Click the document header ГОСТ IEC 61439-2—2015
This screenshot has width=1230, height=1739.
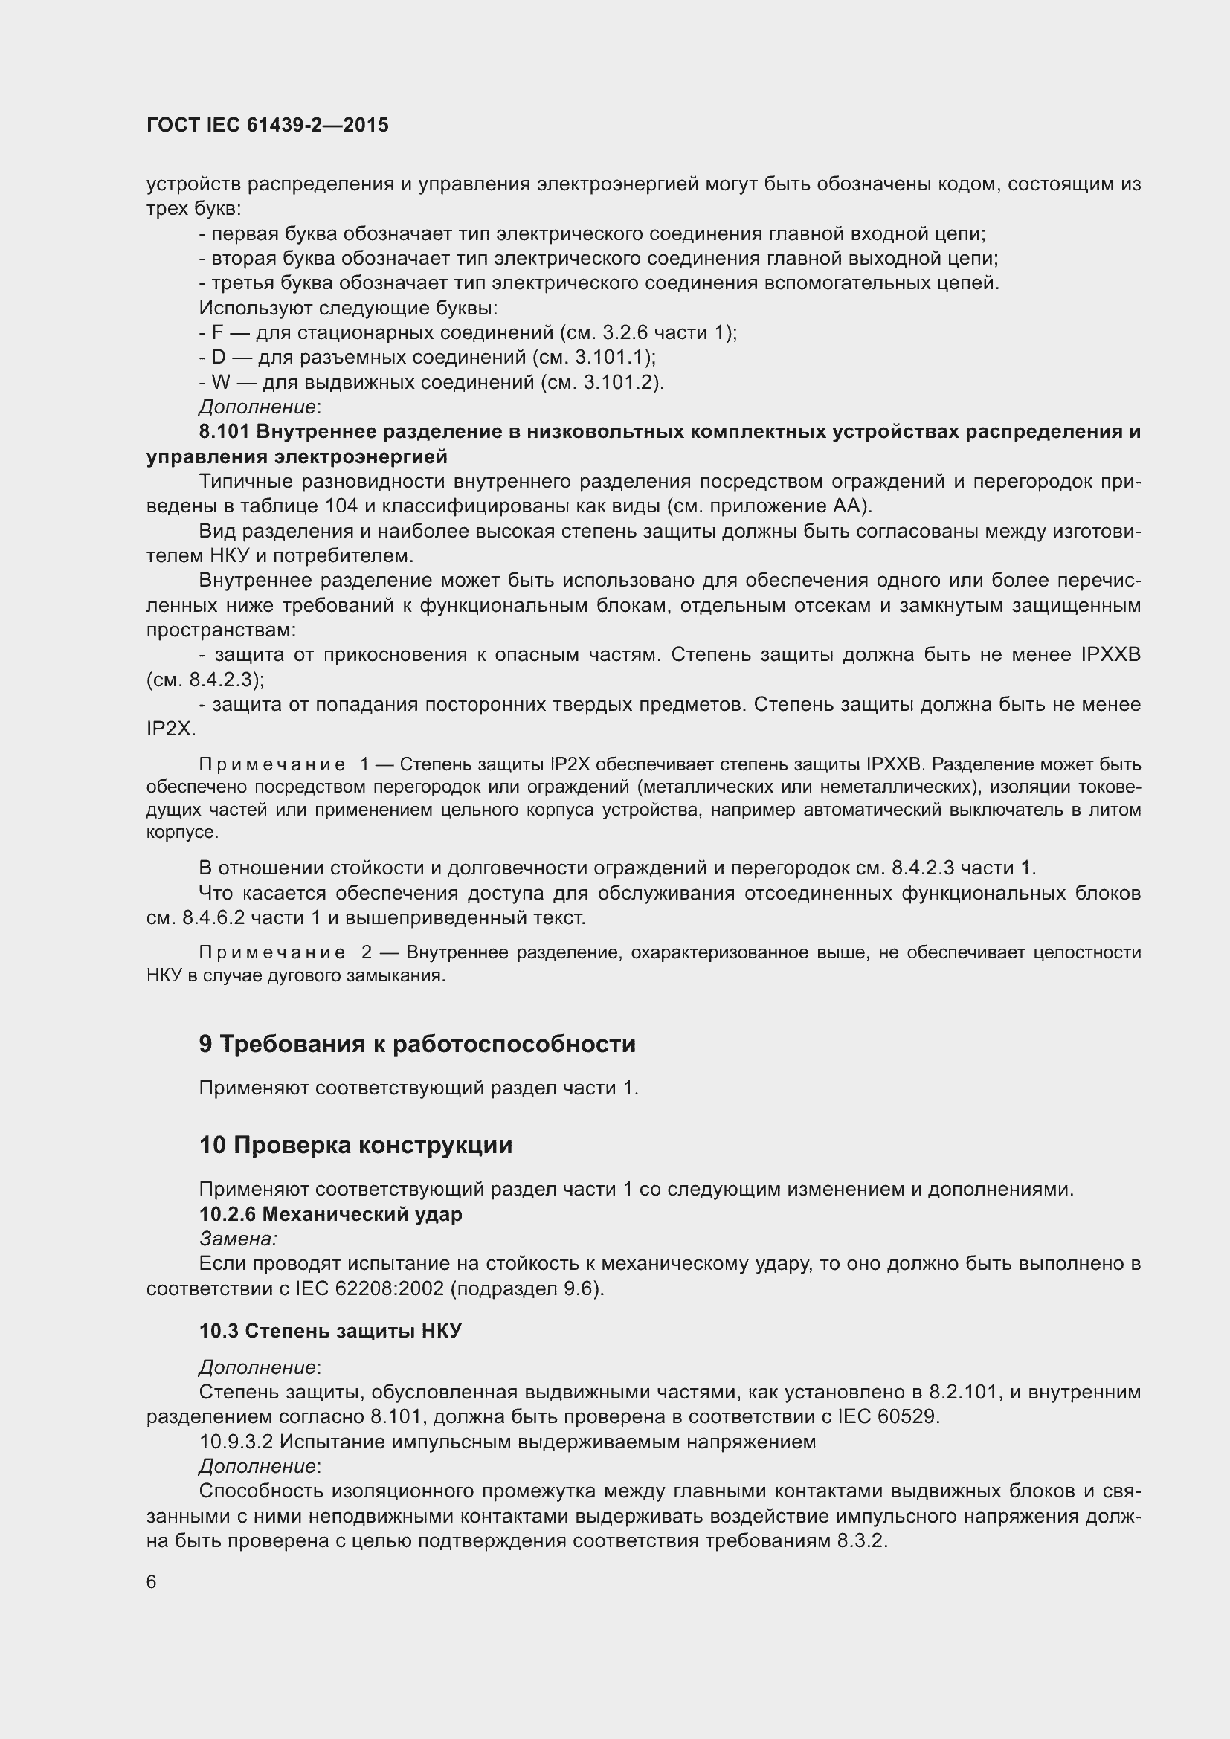(268, 125)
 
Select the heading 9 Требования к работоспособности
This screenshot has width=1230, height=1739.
(416, 1044)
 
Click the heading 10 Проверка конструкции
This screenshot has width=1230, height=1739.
(355, 1145)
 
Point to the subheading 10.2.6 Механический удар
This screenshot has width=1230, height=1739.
(330, 1214)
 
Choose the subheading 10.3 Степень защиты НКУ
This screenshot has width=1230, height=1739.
(330, 1331)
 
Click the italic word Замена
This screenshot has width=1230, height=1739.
(237, 1239)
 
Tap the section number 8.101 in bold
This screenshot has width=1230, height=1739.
(224, 432)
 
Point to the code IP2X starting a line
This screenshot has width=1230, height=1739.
(170, 729)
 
